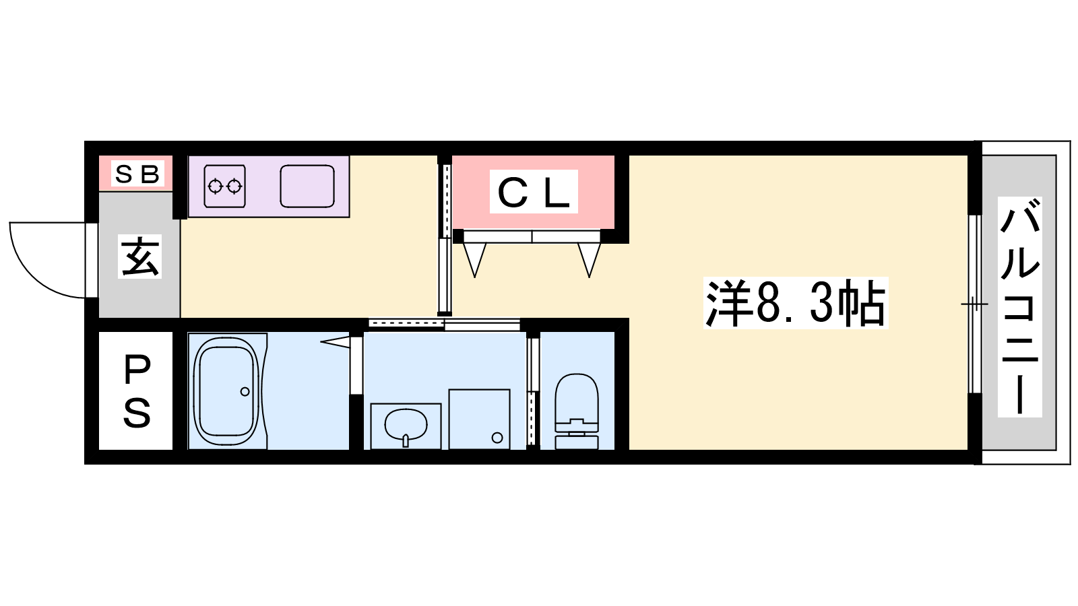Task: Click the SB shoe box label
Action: coord(137,174)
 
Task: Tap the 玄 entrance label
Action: coord(139,257)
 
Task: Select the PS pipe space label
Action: coord(137,391)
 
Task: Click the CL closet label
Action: coord(533,192)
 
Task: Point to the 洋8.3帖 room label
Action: coord(795,303)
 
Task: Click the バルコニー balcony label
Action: coord(1020,307)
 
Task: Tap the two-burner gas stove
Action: coord(225,186)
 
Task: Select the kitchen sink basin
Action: coord(307,186)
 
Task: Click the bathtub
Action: coord(226,391)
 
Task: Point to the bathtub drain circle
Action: coord(245,391)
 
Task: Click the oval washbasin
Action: coord(406,425)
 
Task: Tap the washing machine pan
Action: coord(479,419)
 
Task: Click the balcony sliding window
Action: coord(974,304)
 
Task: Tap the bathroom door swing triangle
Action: coord(335,342)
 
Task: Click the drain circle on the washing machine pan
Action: coord(498,438)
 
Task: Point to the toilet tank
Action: coord(577,442)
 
